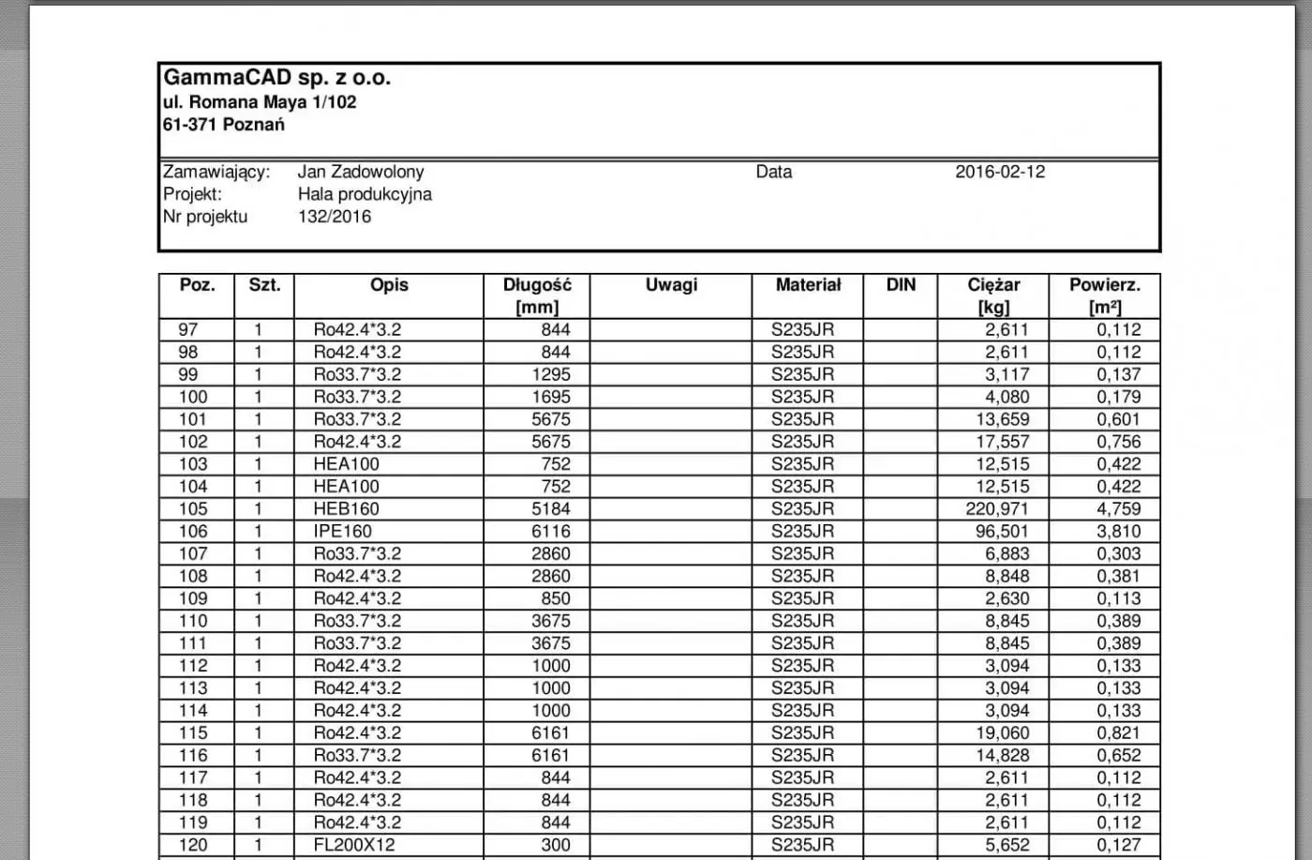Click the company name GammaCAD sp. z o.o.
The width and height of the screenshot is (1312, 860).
tap(276, 78)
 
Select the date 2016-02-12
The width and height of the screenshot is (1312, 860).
tap(1000, 172)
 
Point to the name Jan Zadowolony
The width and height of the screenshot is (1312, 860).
tap(361, 172)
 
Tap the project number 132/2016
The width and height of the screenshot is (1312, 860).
tap(335, 217)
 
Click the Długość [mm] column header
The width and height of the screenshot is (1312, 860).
tap(537, 295)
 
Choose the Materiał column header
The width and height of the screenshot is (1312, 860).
tap(808, 285)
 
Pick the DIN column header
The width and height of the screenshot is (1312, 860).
tap(901, 285)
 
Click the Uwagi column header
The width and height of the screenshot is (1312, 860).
tap(671, 285)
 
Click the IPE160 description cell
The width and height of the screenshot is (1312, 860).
tap(343, 532)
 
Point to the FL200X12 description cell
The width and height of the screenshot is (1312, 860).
tap(354, 845)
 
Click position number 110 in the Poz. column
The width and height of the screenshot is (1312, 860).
tap(193, 621)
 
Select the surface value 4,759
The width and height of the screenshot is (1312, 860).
tap(1119, 509)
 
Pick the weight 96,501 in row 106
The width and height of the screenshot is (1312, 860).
tap(1002, 532)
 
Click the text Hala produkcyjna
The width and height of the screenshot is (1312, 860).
tap(365, 194)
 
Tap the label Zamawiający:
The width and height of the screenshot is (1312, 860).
tap(216, 172)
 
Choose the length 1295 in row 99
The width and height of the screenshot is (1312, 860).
tap(551, 374)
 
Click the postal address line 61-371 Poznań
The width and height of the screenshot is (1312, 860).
tap(224, 125)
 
